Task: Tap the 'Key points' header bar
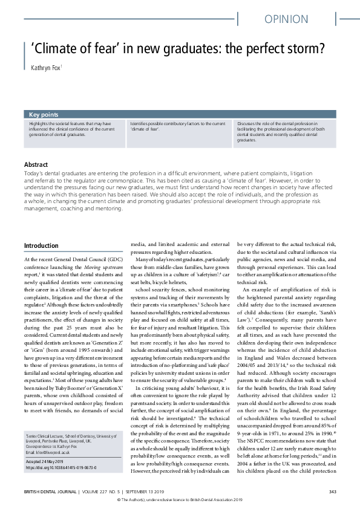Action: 44,114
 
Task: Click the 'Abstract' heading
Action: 37,164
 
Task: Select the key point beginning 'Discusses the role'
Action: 283,131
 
